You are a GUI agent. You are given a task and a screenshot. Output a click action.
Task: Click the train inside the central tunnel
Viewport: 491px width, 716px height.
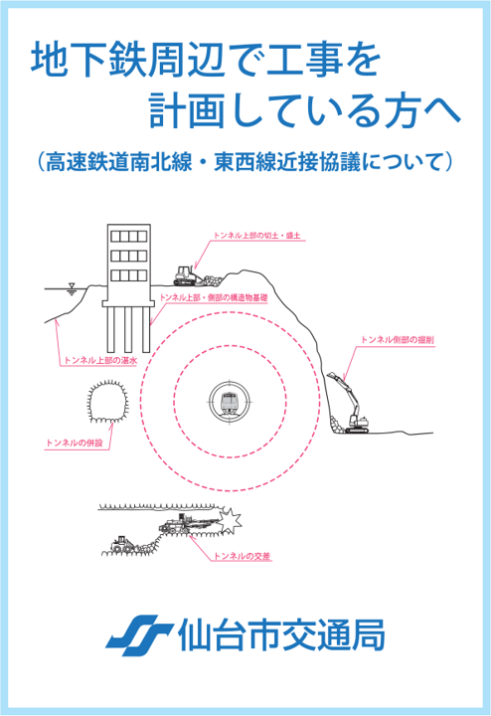click(x=230, y=402)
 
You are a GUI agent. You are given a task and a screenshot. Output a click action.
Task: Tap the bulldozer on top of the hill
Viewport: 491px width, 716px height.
click(x=187, y=274)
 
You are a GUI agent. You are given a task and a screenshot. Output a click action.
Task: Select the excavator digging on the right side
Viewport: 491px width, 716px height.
click(x=350, y=408)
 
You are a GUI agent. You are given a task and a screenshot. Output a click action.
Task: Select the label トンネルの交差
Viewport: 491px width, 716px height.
click(x=243, y=561)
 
